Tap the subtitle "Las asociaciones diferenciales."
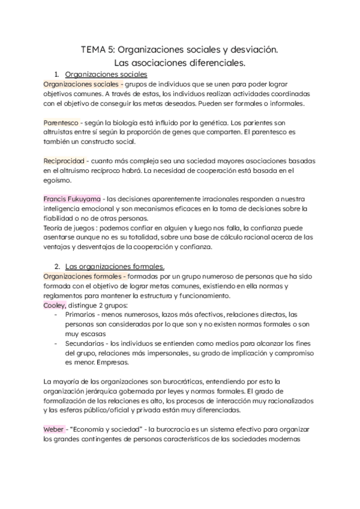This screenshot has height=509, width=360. (180, 62)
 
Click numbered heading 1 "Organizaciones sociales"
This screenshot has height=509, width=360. (106, 74)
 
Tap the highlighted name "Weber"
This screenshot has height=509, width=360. (54, 429)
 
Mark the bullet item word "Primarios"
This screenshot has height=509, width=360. (82, 315)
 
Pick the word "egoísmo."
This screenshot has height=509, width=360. (57, 180)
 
